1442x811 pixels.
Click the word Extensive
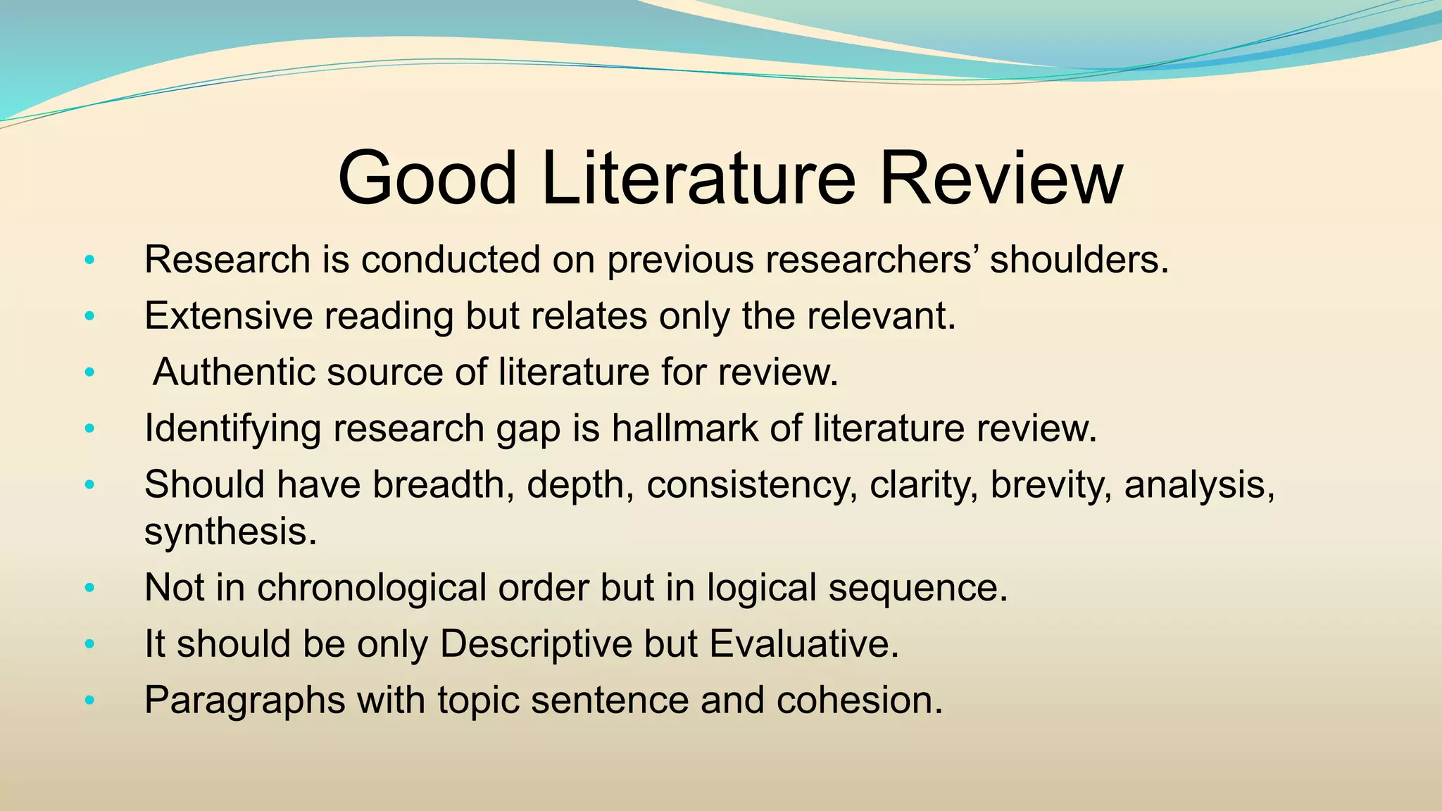click(x=228, y=315)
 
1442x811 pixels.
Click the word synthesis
click(x=230, y=532)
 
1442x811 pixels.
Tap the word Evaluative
click(x=803, y=643)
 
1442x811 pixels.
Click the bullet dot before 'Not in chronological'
click(x=89, y=587)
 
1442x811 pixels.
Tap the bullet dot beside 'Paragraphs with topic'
click(x=89, y=700)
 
